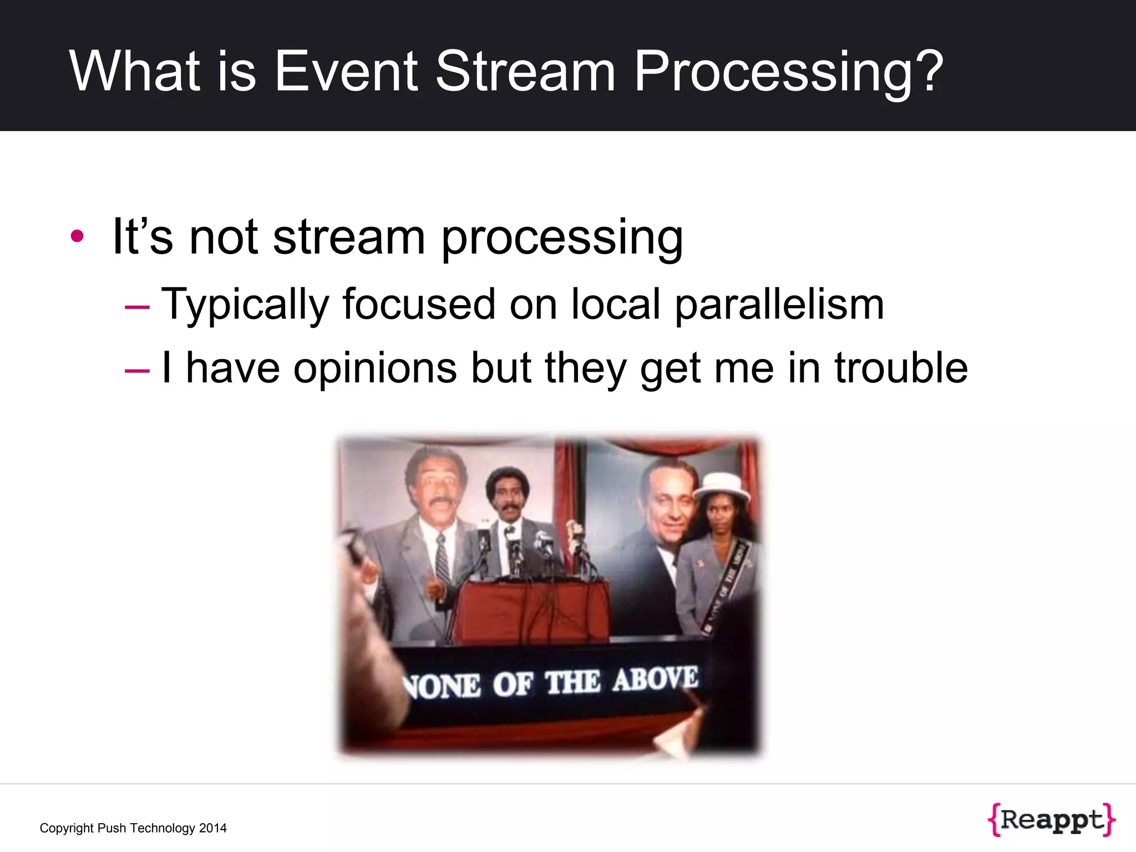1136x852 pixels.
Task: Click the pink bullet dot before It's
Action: (x=77, y=236)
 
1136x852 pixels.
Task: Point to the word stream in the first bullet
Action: (x=349, y=237)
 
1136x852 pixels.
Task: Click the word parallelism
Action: (x=779, y=305)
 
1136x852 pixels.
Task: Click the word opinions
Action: (x=375, y=368)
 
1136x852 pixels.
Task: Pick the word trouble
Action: (x=901, y=368)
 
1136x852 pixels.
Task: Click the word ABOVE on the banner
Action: (x=655, y=679)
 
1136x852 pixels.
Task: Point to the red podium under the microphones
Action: (x=530, y=610)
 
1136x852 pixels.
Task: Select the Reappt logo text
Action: (x=1052, y=819)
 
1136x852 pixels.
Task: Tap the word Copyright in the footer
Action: (x=67, y=828)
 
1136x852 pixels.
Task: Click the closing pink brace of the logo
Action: (x=1108, y=820)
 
